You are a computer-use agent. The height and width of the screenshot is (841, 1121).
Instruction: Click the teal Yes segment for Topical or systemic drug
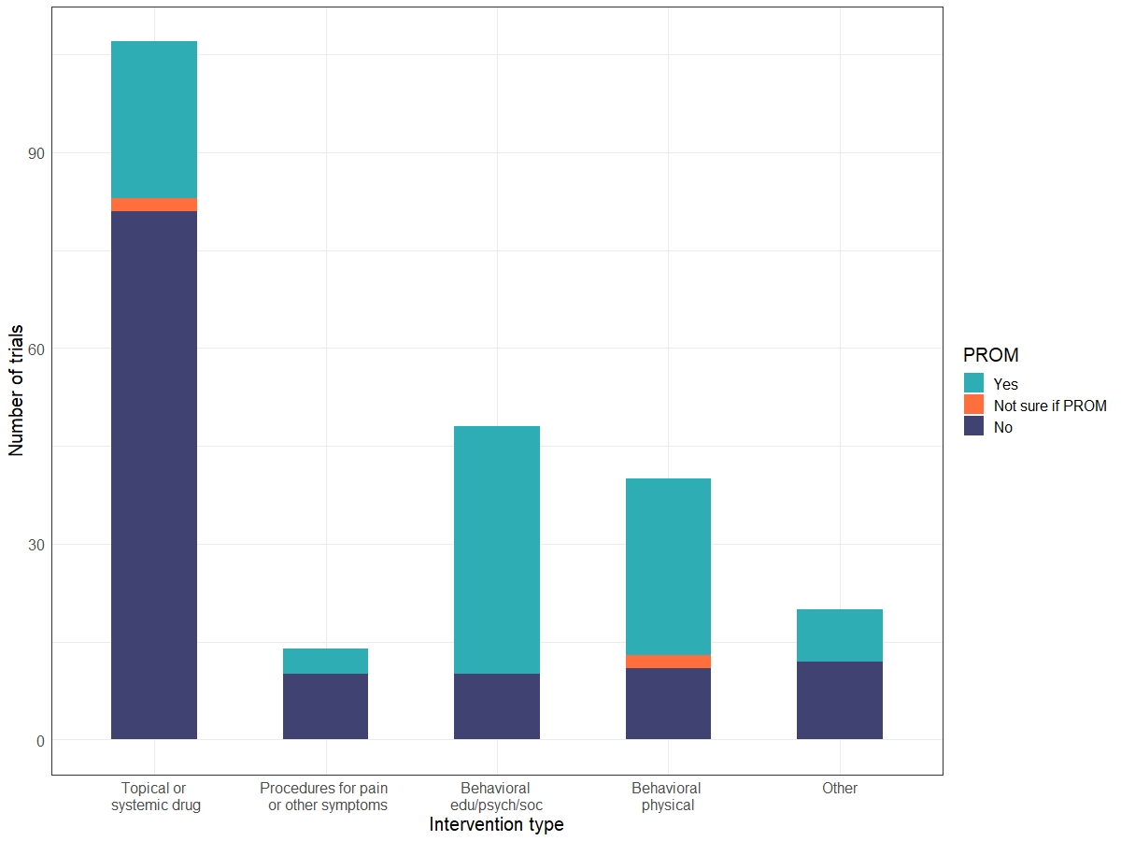pyautogui.click(x=154, y=120)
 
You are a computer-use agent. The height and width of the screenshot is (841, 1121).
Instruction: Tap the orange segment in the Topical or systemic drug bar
pyautogui.click(x=154, y=205)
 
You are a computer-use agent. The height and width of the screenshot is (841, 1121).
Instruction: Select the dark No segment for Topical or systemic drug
pyautogui.click(x=154, y=475)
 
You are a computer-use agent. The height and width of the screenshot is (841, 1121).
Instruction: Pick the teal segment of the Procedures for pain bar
pyautogui.click(x=325, y=661)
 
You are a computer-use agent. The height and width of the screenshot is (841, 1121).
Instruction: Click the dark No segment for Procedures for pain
pyautogui.click(x=325, y=706)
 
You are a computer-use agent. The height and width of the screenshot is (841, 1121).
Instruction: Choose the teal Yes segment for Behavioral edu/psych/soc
pyautogui.click(x=497, y=549)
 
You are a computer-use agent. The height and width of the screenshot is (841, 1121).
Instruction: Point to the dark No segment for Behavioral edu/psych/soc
pyautogui.click(x=497, y=706)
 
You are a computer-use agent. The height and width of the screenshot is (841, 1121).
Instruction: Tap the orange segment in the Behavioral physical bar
pyautogui.click(x=668, y=662)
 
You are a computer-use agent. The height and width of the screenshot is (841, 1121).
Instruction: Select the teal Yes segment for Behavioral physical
pyautogui.click(x=668, y=566)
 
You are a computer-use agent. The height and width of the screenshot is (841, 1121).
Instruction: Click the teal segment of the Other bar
pyautogui.click(x=840, y=635)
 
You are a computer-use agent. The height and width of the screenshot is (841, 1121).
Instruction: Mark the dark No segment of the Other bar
pyautogui.click(x=840, y=701)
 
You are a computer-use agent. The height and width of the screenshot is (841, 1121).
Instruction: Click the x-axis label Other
pyautogui.click(x=840, y=788)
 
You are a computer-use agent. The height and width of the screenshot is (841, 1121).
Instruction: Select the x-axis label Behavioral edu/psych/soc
pyautogui.click(x=496, y=796)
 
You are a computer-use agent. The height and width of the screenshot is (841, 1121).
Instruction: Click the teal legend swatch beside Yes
pyautogui.click(x=974, y=383)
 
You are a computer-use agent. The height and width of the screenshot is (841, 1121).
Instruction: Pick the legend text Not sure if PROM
pyautogui.click(x=1050, y=406)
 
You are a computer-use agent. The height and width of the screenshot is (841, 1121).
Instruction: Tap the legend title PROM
pyautogui.click(x=990, y=355)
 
